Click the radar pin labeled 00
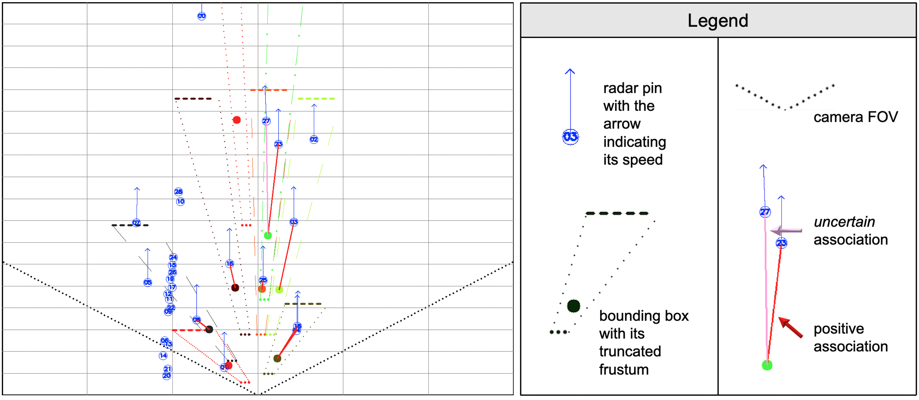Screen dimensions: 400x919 tap(201, 16)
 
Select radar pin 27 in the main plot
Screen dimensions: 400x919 tap(266, 121)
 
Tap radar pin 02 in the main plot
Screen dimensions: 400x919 tap(314, 139)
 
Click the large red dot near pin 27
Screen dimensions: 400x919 tap(237, 120)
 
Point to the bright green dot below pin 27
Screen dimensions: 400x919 tap(268, 235)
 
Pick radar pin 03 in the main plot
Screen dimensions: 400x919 tap(294, 222)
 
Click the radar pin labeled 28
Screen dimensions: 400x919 tap(178, 192)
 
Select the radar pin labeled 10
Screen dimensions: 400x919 tap(181, 201)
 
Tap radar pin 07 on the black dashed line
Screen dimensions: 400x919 tap(136, 223)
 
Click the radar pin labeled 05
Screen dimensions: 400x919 tap(148, 282)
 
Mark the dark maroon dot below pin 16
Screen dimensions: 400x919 tap(235, 288)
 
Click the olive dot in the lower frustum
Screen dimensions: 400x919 tap(277, 358)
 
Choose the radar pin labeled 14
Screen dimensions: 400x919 tap(163, 355)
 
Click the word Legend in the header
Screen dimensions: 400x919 tap(717, 20)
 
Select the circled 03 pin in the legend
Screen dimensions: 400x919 tap(570, 137)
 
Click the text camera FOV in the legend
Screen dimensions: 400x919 tap(855, 117)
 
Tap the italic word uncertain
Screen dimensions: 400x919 tap(844, 222)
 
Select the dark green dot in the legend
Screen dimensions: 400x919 tap(573, 306)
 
